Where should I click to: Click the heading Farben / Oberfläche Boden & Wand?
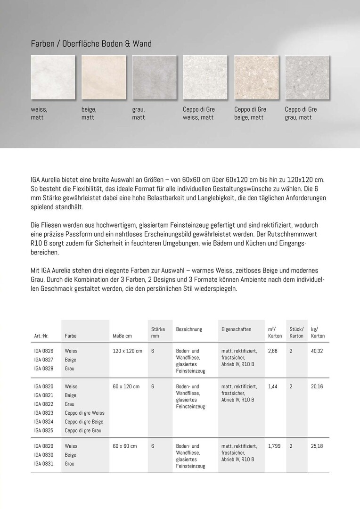[x=91, y=44]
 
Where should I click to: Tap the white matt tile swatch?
[x=53, y=77]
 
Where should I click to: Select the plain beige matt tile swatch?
[x=104, y=77]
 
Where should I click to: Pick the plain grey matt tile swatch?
[x=154, y=77]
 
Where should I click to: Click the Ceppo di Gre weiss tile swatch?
[x=205, y=77]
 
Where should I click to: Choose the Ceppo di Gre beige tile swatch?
[x=256, y=77]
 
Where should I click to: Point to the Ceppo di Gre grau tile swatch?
[x=307, y=77]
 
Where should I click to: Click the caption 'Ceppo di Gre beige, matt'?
[x=250, y=113]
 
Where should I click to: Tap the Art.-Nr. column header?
[x=41, y=336]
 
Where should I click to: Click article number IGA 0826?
[x=44, y=351]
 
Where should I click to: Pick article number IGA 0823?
[x=44, y=413]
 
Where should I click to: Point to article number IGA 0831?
[x=44, y=464]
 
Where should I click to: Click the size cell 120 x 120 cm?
[x=127, y=351]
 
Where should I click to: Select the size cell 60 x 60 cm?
[x=125, y=446]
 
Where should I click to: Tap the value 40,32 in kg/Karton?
[x=318, y=351]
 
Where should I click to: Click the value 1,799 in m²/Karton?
[x=274, y=446]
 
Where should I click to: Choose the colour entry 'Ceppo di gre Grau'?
[x=84, y=431]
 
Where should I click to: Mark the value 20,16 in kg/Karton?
[x=318, y=386]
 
